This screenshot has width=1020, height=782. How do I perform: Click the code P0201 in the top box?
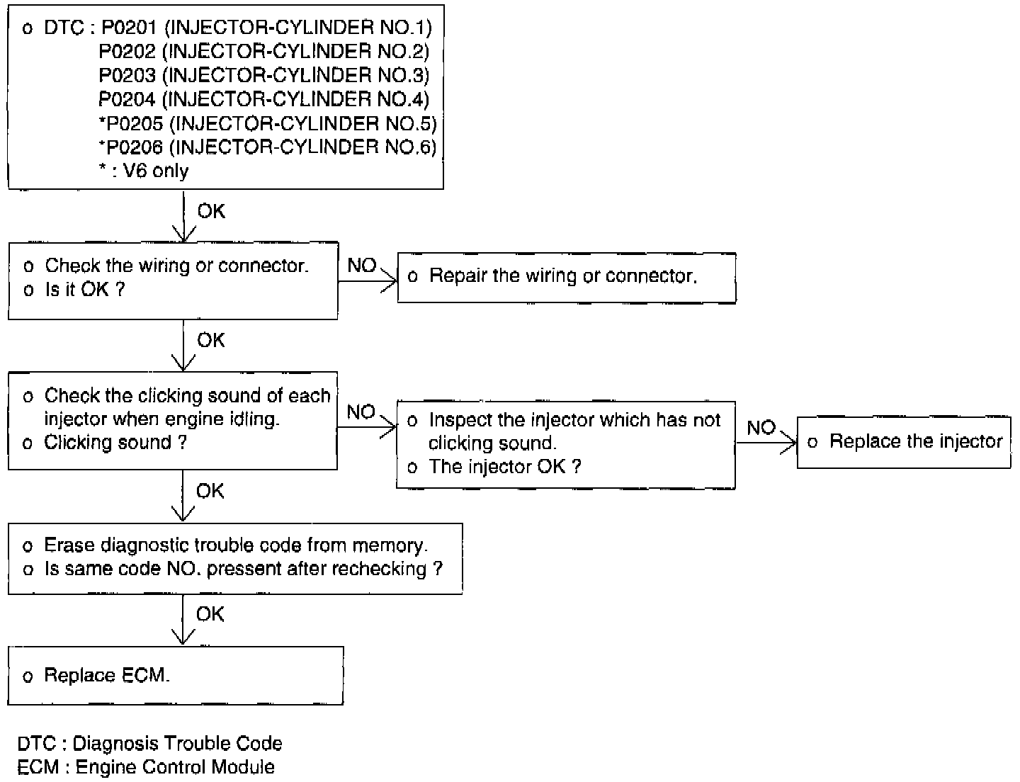click(129, 28)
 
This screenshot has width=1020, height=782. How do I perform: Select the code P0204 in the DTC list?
click(127, 99)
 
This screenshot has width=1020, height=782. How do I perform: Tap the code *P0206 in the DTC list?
click(131, 147)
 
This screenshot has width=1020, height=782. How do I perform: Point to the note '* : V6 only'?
click(144, 171)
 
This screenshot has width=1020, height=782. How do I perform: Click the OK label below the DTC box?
click(211, 211)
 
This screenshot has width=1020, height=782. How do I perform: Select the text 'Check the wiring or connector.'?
click(176, 266)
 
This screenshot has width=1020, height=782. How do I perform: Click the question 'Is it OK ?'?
click(85, 289)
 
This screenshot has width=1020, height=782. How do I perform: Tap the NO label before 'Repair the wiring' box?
click(361, 266)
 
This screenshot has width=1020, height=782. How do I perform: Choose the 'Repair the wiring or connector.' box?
click(567, 278)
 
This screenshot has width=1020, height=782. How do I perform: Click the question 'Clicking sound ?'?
click(115, 442)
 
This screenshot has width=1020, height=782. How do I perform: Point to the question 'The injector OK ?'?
click(505, 467)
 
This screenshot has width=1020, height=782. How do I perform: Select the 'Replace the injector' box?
click(904, 442)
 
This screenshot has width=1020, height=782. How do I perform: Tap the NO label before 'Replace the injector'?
click(761, 428)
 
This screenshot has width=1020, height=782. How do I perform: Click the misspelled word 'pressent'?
click(244, 569)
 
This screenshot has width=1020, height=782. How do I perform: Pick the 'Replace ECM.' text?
click(107, 675)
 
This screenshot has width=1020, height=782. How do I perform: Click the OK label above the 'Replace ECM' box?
click(210, 614)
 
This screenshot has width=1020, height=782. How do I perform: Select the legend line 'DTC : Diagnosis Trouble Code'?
click(149, 744)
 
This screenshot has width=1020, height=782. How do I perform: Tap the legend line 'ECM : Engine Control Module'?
click(146, 767)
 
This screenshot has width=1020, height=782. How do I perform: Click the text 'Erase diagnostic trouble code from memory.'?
click(236, 545)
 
